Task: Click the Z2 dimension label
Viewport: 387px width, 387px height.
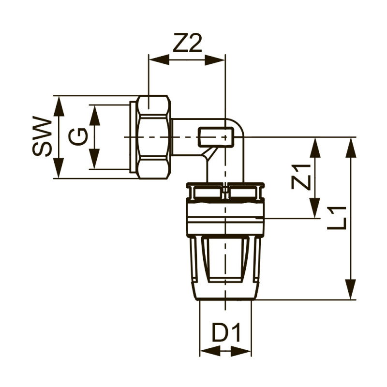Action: coord(187,45)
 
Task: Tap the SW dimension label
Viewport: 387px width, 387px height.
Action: coord(42,137)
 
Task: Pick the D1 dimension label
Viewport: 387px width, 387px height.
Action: coord(226,333)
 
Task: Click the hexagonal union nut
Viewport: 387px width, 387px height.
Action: coord(154,137)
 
